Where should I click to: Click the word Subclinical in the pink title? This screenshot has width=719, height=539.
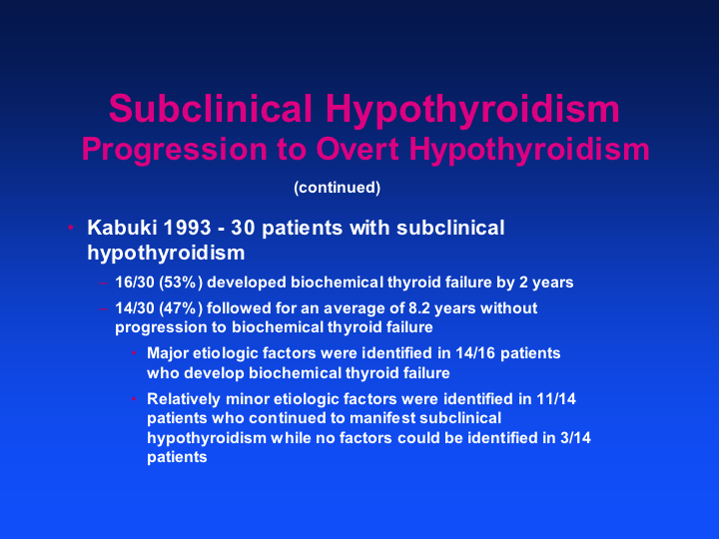211,108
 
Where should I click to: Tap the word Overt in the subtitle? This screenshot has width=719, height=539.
358,149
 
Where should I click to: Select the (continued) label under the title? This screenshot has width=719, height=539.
338,188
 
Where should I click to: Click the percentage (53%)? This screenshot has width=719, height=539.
181,282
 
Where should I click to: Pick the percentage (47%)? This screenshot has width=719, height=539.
181,308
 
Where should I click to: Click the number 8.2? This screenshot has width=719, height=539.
418,308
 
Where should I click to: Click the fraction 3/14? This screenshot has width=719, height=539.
575,438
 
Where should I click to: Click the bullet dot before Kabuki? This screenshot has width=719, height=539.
71,228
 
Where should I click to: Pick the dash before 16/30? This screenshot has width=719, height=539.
103,282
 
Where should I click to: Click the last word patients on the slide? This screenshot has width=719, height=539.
177,458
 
